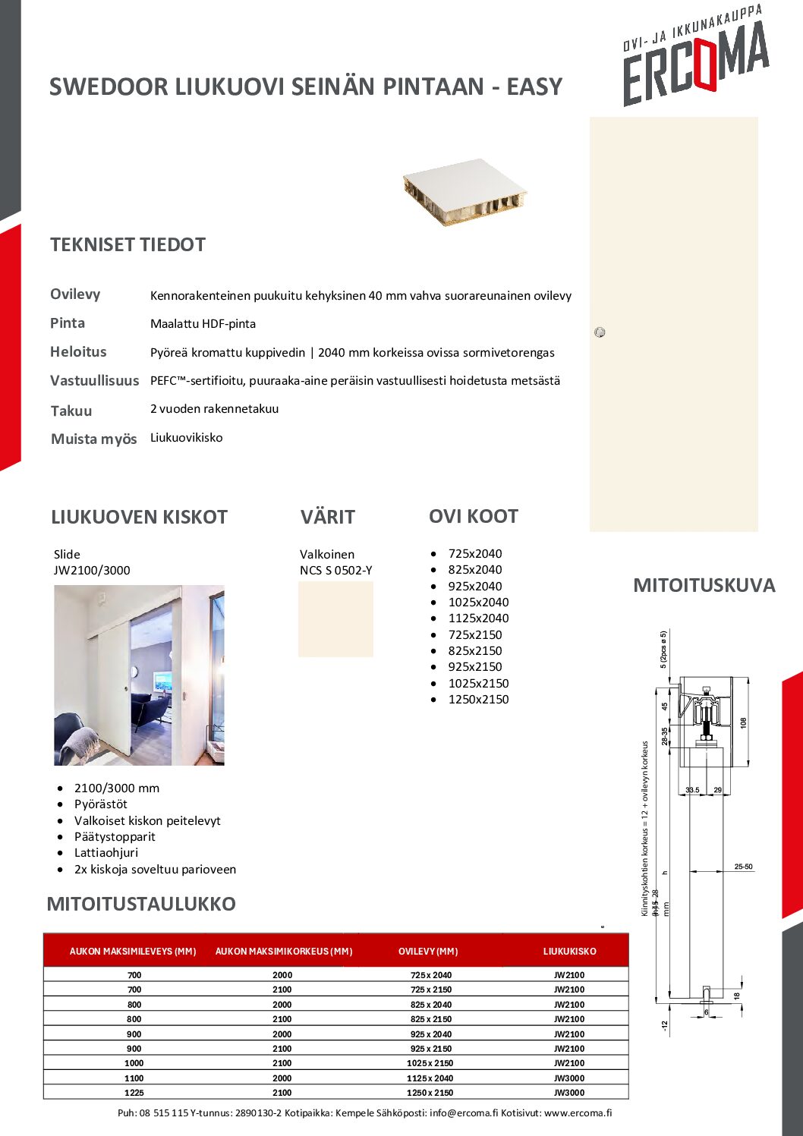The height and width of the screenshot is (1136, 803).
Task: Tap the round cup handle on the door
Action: (x=600, y=332)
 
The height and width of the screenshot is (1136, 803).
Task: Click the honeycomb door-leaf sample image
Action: (x=464, y=191)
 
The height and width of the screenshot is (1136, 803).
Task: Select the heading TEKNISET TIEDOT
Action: (x=128, y=245)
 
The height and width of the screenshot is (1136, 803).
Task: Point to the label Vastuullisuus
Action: (x=94, y=381)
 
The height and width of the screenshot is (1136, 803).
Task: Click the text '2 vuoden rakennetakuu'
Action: (x=214, y=409)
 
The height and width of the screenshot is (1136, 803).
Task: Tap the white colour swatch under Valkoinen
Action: (x=335, y=618)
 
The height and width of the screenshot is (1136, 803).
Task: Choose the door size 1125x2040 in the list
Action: (x=478, y=618)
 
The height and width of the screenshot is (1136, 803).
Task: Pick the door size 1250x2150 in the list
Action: (x=478, y=700)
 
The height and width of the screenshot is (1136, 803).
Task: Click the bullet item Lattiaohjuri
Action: (x=106, y=853)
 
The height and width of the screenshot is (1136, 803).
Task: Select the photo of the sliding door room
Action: (x=139, y=675)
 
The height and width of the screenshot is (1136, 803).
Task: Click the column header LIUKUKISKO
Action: (x=569, y=951)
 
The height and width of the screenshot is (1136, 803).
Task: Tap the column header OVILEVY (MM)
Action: (x=428, y=951)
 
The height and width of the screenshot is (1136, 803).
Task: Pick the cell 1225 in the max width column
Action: (x=134, y=1093)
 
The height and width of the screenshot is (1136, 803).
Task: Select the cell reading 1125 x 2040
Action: (x=430, y=1078)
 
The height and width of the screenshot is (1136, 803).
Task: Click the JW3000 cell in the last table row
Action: (x=569, y=1093)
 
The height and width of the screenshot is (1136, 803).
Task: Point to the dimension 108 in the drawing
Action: (x=743, y=722)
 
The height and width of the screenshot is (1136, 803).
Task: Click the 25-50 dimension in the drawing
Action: (x=743, y=867)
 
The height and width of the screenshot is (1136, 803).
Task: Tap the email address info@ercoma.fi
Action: (x=464, y=1113)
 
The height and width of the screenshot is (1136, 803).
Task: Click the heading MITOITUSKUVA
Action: (x=704, y=586)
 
